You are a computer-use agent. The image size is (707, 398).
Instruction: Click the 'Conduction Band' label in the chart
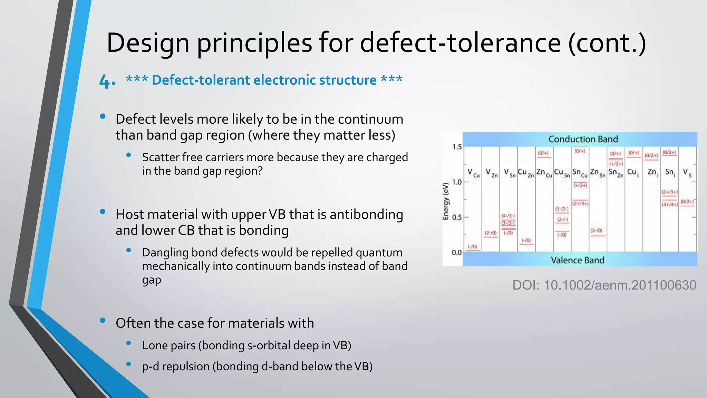(583, 139)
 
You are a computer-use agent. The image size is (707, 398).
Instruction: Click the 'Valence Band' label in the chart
(578, 260)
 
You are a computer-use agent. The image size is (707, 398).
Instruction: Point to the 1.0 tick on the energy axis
(457, 182)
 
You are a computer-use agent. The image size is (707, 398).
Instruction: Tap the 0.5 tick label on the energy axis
(457, 217)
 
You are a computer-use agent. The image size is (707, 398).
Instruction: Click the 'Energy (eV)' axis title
(446, 201)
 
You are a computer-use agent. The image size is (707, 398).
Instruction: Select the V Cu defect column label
(473, 172)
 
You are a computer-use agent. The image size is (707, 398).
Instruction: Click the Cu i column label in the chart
(633, 172)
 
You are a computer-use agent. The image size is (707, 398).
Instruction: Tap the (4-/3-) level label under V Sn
(508, 216)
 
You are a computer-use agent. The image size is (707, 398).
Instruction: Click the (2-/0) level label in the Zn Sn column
(597, 230)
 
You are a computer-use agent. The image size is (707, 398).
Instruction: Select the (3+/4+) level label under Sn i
(669, 205)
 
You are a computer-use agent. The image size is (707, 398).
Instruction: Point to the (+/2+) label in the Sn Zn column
(616, 164)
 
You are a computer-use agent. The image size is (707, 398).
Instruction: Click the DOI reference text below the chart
(604, 285)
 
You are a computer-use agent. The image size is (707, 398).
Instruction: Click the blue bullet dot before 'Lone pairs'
(129, 343)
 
